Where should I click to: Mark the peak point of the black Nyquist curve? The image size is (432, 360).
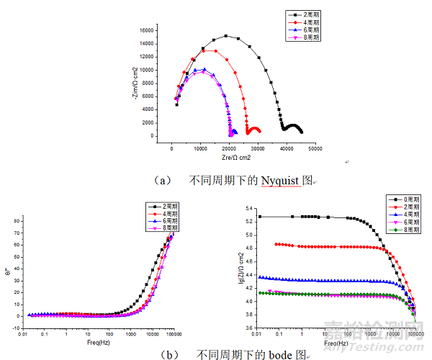226,36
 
